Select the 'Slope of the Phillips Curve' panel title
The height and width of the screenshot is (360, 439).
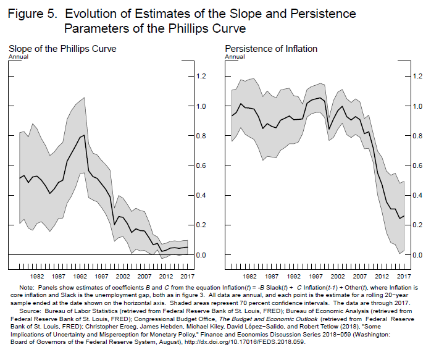pos(62,49)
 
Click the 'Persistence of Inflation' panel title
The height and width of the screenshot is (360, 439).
pos(271,49)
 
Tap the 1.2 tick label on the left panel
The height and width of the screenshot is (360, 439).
pos(201,77)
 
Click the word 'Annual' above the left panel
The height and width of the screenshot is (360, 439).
pos(19,57)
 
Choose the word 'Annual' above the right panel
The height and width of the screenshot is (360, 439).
pos(235,57)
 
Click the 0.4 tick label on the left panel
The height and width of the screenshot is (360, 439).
pos(201,195)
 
